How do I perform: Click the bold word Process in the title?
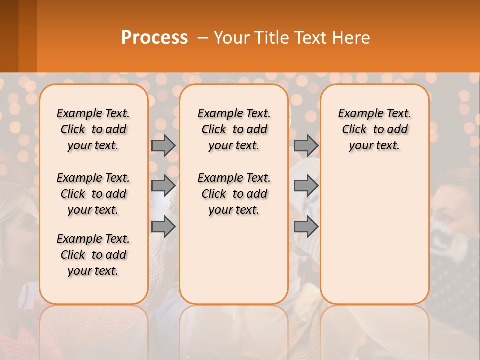[x=154, y=38]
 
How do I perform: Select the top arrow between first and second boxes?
[x=163, y=145]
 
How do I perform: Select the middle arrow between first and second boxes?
[x=163, y=186]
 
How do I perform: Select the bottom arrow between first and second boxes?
[x=163, y=227]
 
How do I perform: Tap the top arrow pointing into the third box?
[x=306, y=145]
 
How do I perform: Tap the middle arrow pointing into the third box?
[x=306, y=186]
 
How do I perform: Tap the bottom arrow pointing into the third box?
[x=306, y=227]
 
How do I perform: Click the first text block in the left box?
[x=93, y=129]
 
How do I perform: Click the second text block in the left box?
[x=93, y=194]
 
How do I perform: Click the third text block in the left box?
[x=93, y=255]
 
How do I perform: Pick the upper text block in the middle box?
[x=234, y=129]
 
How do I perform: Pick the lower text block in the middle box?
[x=234, y=194]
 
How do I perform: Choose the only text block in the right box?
[x=374, y=129]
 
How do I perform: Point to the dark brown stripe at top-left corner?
[x=9, y=35]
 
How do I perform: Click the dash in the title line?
[x=203, y=38]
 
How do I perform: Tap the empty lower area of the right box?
[x=374, y=240]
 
